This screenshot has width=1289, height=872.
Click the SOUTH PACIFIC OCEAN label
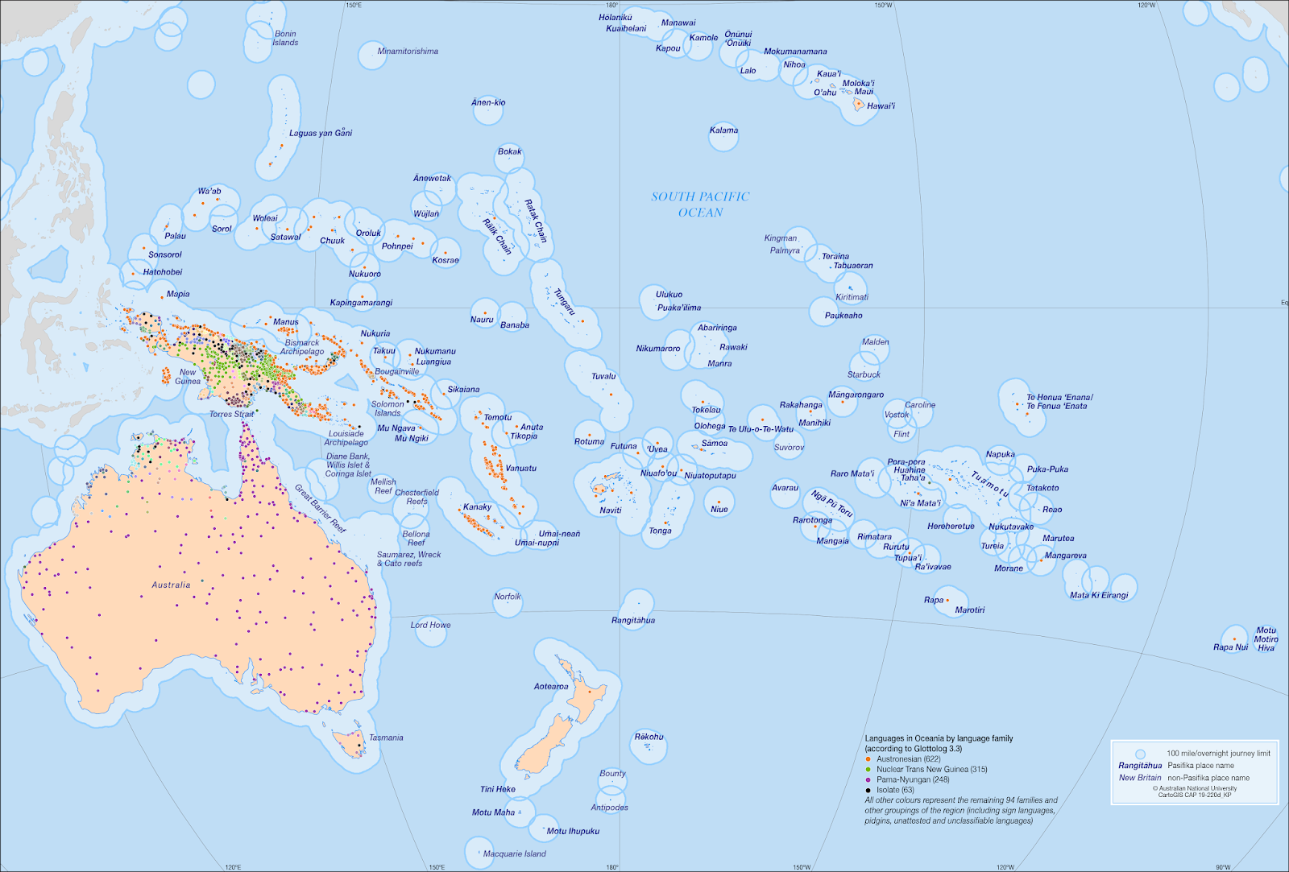tap(700, 205)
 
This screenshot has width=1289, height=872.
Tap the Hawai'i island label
tap(881, 106)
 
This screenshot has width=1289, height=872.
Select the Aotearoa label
tap(551, 687)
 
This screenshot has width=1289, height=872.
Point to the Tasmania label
tap(386, 738)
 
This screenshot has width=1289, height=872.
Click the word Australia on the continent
tap(171, 585)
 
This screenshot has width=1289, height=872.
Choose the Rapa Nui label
tap(1230, 647)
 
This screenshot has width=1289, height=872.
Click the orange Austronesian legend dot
tap(868, 759)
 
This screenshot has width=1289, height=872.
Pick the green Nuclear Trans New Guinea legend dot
tap(868, 770)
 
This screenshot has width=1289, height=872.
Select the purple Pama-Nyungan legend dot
tap(868, 780)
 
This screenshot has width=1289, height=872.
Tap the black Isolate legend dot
tap(868, 791)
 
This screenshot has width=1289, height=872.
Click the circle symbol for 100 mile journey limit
tap(1140, 754)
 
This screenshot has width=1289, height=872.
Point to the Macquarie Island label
tap(514, 854)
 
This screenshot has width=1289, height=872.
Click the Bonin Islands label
tap(285, 39)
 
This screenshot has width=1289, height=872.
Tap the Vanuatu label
tap(520, 469)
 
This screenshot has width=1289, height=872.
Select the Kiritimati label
tap(852, 298)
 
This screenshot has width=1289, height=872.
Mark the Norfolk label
tap(508, 597)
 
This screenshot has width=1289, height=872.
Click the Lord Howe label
tap(430, 625)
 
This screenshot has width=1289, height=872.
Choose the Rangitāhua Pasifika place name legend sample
tap(1140, 766)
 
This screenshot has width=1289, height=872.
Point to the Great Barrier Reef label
tap(319, 509)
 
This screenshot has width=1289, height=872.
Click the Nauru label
tap(482, 320)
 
